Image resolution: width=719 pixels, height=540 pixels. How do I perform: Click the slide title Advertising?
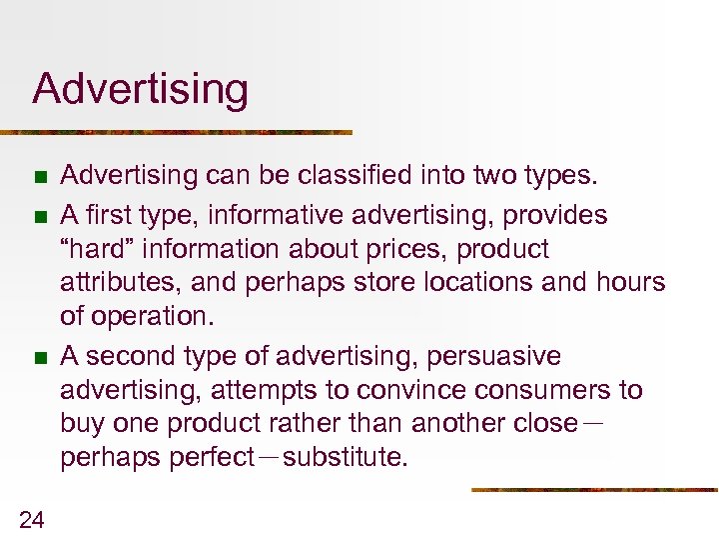click(140, 89)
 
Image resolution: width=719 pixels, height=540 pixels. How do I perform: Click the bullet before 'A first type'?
click(40, 215)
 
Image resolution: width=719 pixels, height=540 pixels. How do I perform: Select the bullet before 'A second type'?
click(40, 356)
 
